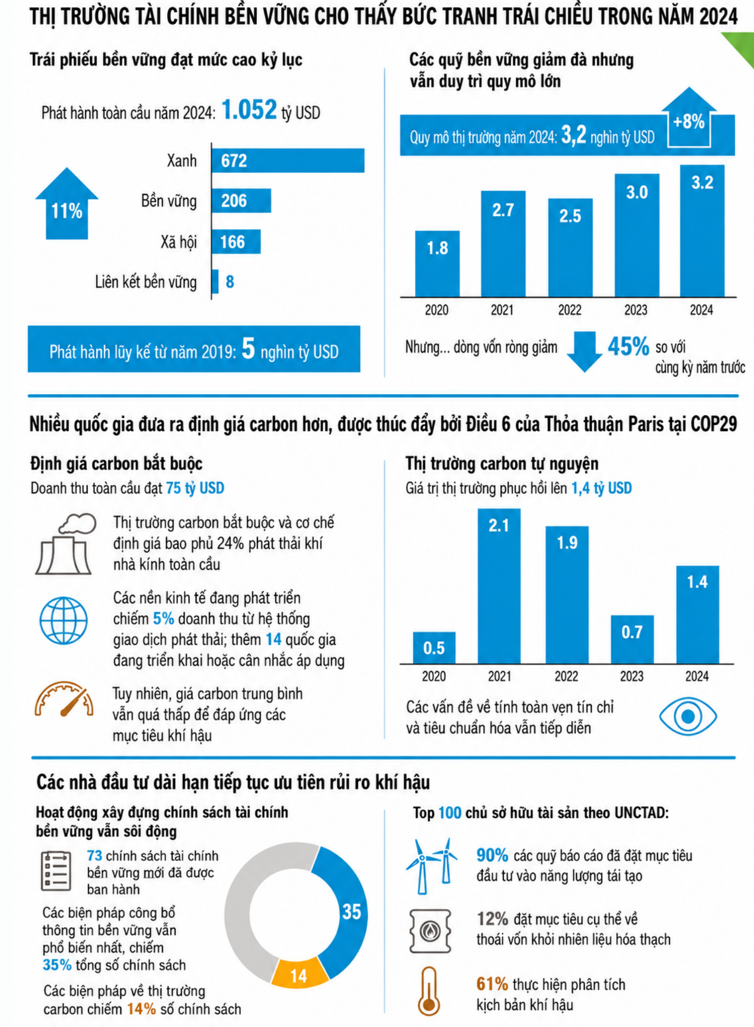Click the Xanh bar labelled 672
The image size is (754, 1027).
(288, 160)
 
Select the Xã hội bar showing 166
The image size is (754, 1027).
(236, 241)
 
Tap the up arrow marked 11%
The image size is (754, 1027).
(67, 203)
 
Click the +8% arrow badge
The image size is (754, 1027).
(689, 118)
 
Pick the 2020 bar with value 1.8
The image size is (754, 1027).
(437, 264)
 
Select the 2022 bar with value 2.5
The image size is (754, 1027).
(570, 248)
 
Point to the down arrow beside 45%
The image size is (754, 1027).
(584, 351)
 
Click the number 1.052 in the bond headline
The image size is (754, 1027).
(249, 110)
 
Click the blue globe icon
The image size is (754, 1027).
(63, 621)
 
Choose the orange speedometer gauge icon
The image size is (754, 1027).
(64, 699)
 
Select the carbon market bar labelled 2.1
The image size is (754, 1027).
(499, 586)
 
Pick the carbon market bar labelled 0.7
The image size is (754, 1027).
(632, 639)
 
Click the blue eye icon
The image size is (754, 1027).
(687, 716)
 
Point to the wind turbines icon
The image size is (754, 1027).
(432, 866)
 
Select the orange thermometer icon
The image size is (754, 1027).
(429, 991)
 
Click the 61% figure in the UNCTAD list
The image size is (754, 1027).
(492, 984)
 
